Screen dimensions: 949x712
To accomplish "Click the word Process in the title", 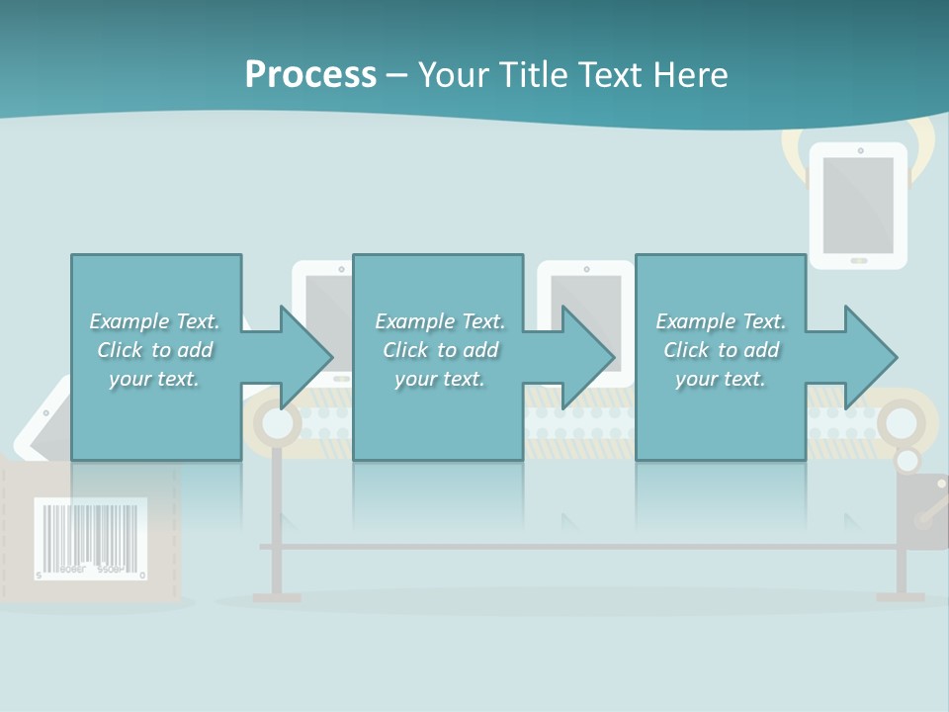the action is pyautogui.click(x=310, y=75).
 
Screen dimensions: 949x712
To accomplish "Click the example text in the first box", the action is pyautogui.click(x=154, y=350).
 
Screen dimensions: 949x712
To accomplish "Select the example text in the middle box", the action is pyautogui.click(x=440, y=350).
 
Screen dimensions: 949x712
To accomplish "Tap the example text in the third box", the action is pyautogui.click(x=721, y=350).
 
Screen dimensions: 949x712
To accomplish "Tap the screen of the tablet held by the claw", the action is pyautogui.click(x=858, y=206).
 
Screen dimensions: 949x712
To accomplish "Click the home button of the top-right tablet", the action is pyautogui.click(x=858, y=260).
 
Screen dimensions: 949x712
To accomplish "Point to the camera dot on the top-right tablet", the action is pyautogui.click(x=860, y=151).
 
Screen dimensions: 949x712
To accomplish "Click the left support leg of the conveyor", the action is pyautogui.click(x=277, y=524).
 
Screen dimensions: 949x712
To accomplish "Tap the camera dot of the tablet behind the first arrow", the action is pyautogui.click(x=342, y=268).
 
